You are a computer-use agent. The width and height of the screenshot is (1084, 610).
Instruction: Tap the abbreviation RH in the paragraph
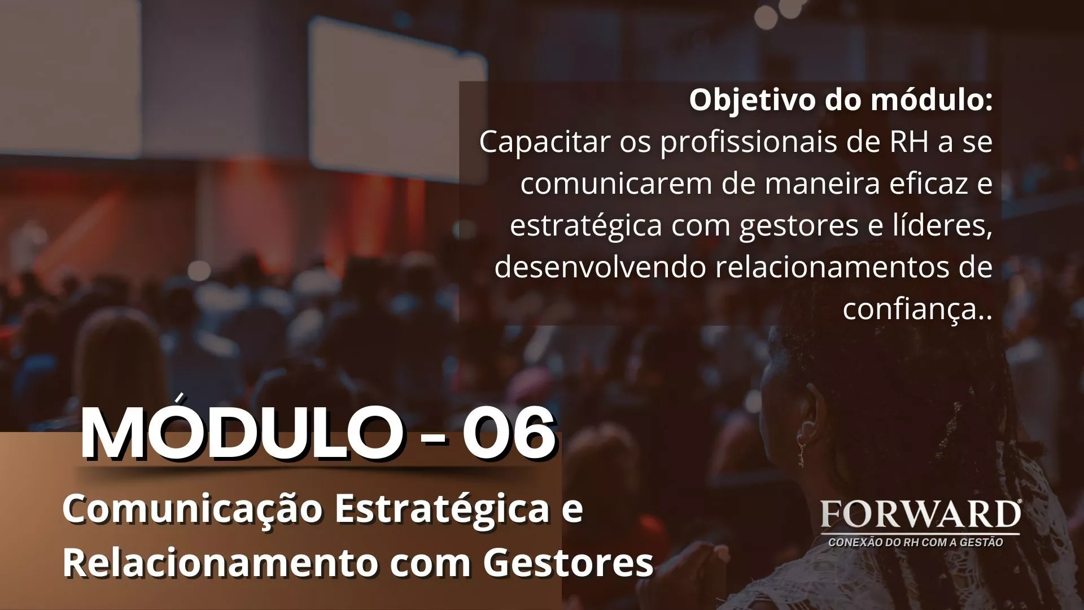click(x=910, y=142)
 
